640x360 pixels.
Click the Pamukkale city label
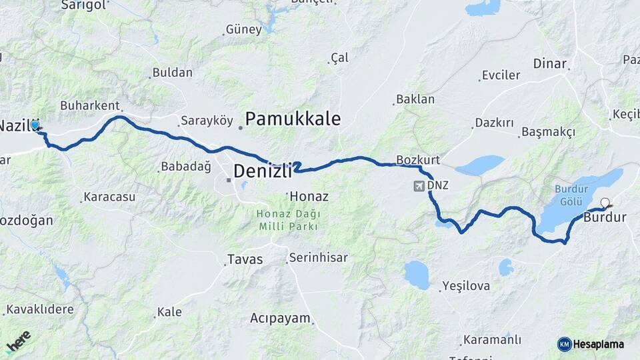pos(293,119)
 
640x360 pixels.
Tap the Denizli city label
pos(263,172)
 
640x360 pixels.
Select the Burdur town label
pos(605,217)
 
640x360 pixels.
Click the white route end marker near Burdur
pos(605,203)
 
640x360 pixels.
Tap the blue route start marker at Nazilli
pos(35,124)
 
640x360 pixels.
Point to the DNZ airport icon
pos(419,185)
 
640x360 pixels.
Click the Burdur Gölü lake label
pos(572,195)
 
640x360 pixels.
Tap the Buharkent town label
pos(89,105)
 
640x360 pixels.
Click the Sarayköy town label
pos(207,121)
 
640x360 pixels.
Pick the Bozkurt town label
pos(418,160)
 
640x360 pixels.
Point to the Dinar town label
pos(549,64)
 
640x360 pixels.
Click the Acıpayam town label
pos(281,319)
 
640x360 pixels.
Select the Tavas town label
pos(245,259)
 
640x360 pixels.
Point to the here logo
pos(18,341)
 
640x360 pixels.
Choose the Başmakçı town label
pos(548,132)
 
